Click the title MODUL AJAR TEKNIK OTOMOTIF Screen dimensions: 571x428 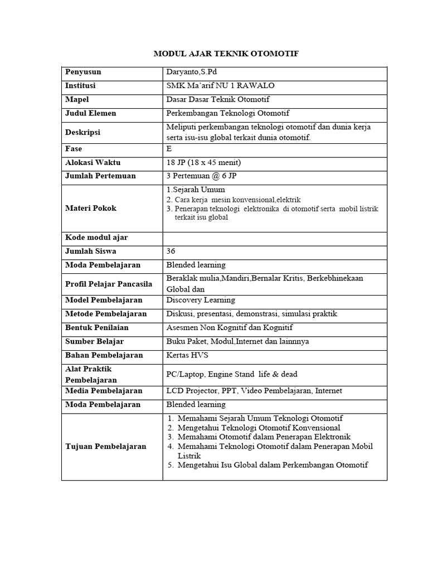[x=226, y=54]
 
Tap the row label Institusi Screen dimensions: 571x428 [x=80, y=86]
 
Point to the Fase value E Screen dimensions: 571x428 [x=169, y=149]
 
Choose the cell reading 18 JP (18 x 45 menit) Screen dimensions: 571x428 [x=203, y=163]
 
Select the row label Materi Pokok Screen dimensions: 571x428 [x=91, y=208]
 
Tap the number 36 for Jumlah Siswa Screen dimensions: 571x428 [x=171, y=251]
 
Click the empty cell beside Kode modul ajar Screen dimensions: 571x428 [x=274, y=238]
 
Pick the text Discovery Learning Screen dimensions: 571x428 [x=201, y=300]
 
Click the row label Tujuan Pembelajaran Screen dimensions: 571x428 [x=106, y=446]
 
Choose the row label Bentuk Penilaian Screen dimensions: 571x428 [x=96, y=328]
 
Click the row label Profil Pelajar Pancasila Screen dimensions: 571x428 [x=109, y=284]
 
